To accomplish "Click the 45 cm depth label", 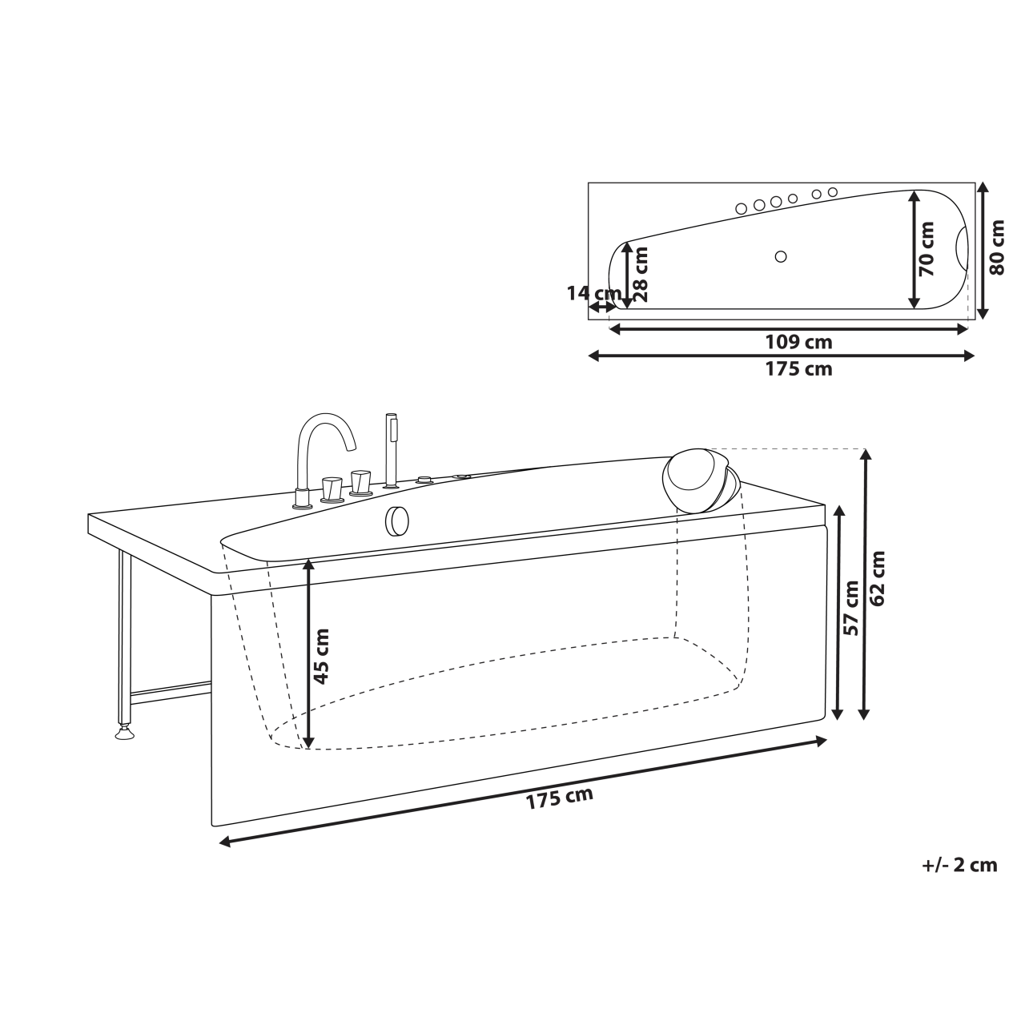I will coord(321,656).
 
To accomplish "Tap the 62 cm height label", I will coord(878,578).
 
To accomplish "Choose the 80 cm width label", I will coord(997,247).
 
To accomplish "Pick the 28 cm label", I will coord(640,273).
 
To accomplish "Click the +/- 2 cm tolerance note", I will coord(959,865).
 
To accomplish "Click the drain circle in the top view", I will coord(781,256).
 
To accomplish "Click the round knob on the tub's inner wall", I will coord(397,521).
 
